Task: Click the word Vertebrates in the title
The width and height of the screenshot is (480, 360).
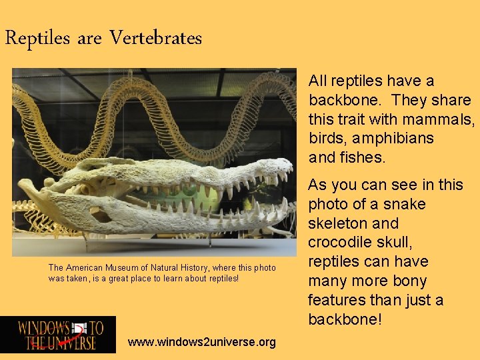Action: click(155, 38)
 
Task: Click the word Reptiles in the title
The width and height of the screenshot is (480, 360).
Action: click(37, 38)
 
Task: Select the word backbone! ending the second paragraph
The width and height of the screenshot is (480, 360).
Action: click(345, 319)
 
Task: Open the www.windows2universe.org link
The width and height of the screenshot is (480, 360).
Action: click(201, 342)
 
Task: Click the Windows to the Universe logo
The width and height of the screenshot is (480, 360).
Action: click(58, 335)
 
